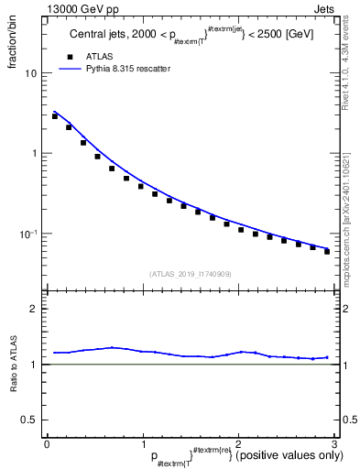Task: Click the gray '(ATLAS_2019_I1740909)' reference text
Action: (x=191, y=274)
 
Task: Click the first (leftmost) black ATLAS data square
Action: (x=55, y=116)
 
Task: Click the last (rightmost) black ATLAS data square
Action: (x=327, y=251)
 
